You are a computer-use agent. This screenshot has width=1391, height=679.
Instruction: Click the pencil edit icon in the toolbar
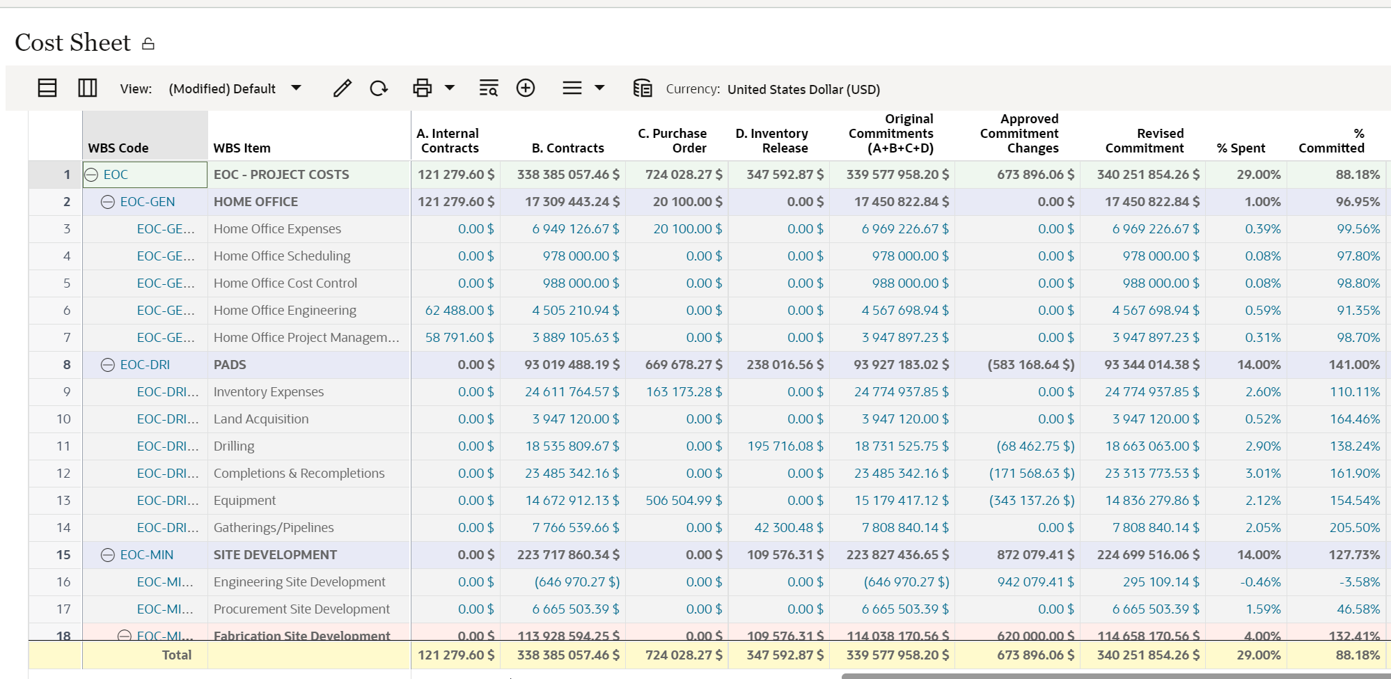point(342,88)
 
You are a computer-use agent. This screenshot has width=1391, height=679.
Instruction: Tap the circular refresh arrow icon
point(379,88)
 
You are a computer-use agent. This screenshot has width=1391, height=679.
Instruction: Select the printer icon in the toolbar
point(422,88)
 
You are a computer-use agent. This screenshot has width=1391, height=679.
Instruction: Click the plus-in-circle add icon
point(526,88)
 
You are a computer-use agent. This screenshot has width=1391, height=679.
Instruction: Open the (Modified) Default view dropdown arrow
point(296,88)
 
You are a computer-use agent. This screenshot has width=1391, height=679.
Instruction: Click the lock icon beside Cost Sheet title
point(148,44)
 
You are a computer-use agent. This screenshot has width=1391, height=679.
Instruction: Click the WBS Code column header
point(118,148)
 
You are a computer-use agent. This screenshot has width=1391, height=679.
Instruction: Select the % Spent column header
point(1241,148)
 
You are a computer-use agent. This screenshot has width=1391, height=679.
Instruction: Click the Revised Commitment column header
point(1145,141)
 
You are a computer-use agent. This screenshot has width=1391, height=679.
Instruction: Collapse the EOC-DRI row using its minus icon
point(108,365)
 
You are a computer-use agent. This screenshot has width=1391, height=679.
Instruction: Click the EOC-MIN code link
point(147,555)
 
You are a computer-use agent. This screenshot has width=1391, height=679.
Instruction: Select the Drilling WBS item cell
point(234,446)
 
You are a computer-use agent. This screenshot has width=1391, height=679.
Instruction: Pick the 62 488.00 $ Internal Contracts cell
point(459,311)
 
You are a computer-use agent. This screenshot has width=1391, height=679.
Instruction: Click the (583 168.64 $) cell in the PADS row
point(1030,365)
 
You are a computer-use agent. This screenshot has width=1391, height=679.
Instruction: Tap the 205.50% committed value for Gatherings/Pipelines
point(1354,528)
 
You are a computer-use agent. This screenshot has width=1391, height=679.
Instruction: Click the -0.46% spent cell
point(1260,582)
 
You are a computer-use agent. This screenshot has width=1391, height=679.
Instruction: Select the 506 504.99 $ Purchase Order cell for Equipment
point(684,501)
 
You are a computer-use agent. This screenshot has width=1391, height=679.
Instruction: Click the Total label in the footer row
point(176,655)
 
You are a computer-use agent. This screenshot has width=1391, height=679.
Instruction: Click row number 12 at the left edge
point(63,474)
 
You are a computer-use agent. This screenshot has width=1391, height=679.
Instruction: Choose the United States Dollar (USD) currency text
point(803,89)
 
